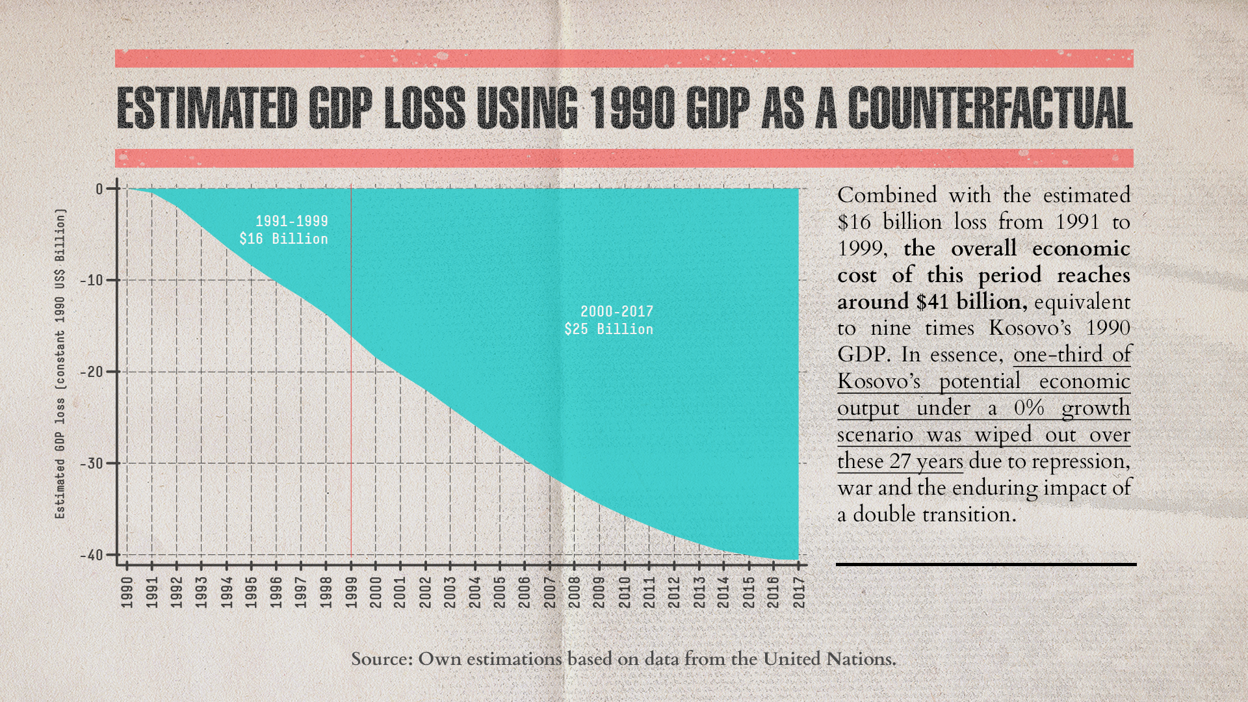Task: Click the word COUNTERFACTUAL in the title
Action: [x=990, y=108]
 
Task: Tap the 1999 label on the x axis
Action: [x=351, y=592]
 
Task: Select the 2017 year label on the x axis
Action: [x=799, y=592]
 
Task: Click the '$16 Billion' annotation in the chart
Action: [x=283, y=239]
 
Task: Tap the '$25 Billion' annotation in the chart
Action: [x=608, y=330]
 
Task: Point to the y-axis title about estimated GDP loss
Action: [x=60, y=364]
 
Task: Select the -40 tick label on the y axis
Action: [x=92, y=555]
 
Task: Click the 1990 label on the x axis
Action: [x=127, y=592]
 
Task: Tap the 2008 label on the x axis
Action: [x=575, y=592]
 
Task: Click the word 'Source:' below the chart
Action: [x=382, y=659]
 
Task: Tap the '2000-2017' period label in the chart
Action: [x=616, y=312]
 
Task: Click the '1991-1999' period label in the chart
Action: [x=291, y=222]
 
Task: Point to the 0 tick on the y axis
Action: [x=99, y=189]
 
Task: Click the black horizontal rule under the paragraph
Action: [x=985, y=564]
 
